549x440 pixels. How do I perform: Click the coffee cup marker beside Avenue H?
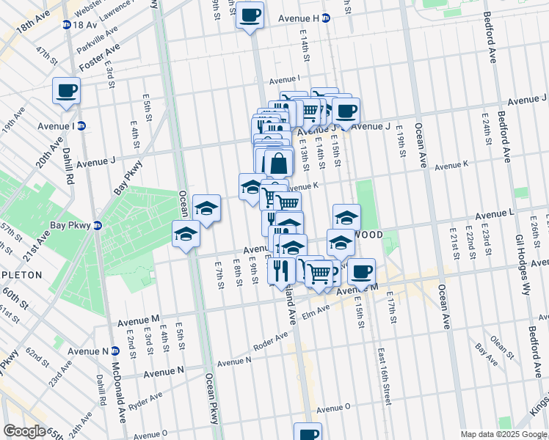(x=250, y=15)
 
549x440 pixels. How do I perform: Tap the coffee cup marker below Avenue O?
(x=308, y=433)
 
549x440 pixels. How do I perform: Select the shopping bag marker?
(x=279, y=163)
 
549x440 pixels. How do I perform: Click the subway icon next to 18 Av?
(x=67, y=24)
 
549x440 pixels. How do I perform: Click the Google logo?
(x=23, y=431)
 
